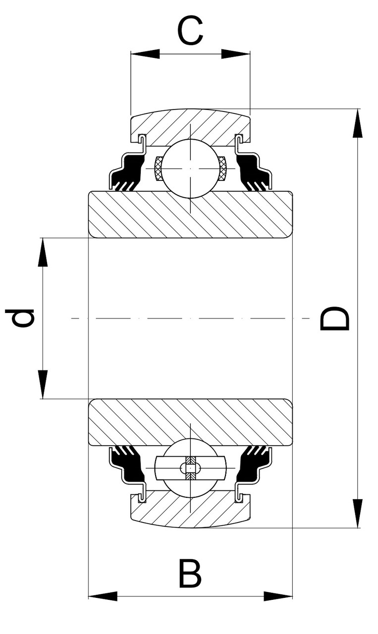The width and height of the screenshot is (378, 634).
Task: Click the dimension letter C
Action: pos(190,31)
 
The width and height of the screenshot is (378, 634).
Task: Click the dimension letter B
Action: pos(190,574)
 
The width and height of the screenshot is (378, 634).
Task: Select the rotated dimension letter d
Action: pos(20,318)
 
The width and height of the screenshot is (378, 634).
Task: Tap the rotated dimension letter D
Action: pos(335,318)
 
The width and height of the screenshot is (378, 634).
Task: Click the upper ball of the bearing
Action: pos(190,168)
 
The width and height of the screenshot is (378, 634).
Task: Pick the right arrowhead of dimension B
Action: pos(278,596)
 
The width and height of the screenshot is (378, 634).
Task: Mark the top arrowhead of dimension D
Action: pos(357,124)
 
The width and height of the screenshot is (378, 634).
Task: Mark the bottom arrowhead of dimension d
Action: pos(43,384)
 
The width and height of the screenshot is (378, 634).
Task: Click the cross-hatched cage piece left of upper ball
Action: pos(159,168)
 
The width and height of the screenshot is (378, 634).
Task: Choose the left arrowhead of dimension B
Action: pos(103,596)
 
